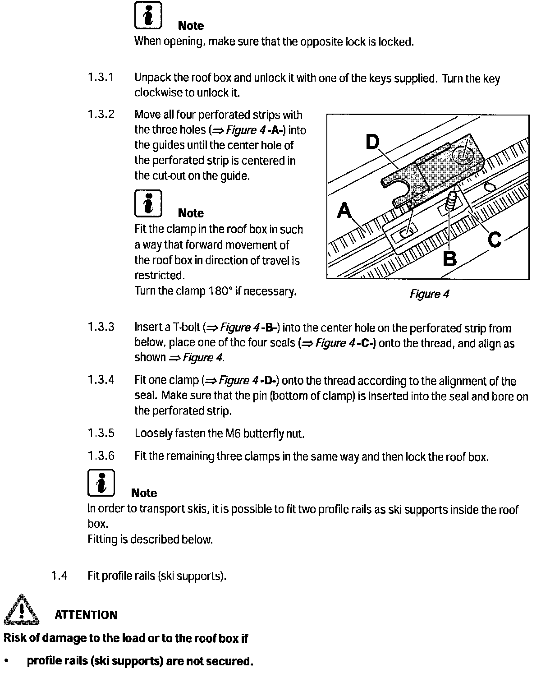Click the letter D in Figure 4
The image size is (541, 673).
pyautogui.click(x=373, y=143)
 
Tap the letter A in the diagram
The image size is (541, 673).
pyautogui.click(x=344, y=211)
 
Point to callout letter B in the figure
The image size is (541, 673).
pyautogui.click(x=449, y=259)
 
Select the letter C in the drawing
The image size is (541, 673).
pyautogui.click(x=495, y=239)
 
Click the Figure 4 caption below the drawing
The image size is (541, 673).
pyautogui.click(x=429, y=294)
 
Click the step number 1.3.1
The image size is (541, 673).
pyautogui.click(x=101, y=77)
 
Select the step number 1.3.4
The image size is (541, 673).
pyautogui.click(x=101, y=380)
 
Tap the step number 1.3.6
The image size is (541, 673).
pyautogui.click(x=101, y=456)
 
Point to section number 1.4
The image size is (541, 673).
pyautogui.click(x=59, y=576)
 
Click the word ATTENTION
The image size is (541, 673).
pyautogui.click(x=86, y=615)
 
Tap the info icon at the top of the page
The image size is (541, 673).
pyautogui.click(x=148, y=17)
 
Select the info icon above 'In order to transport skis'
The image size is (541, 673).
pyautogui.click(x=101, y=483)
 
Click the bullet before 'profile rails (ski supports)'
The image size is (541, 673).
pyautogui.click(x=6, y=661)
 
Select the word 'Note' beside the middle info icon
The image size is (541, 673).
pyautogui.click(x=191, y=213)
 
